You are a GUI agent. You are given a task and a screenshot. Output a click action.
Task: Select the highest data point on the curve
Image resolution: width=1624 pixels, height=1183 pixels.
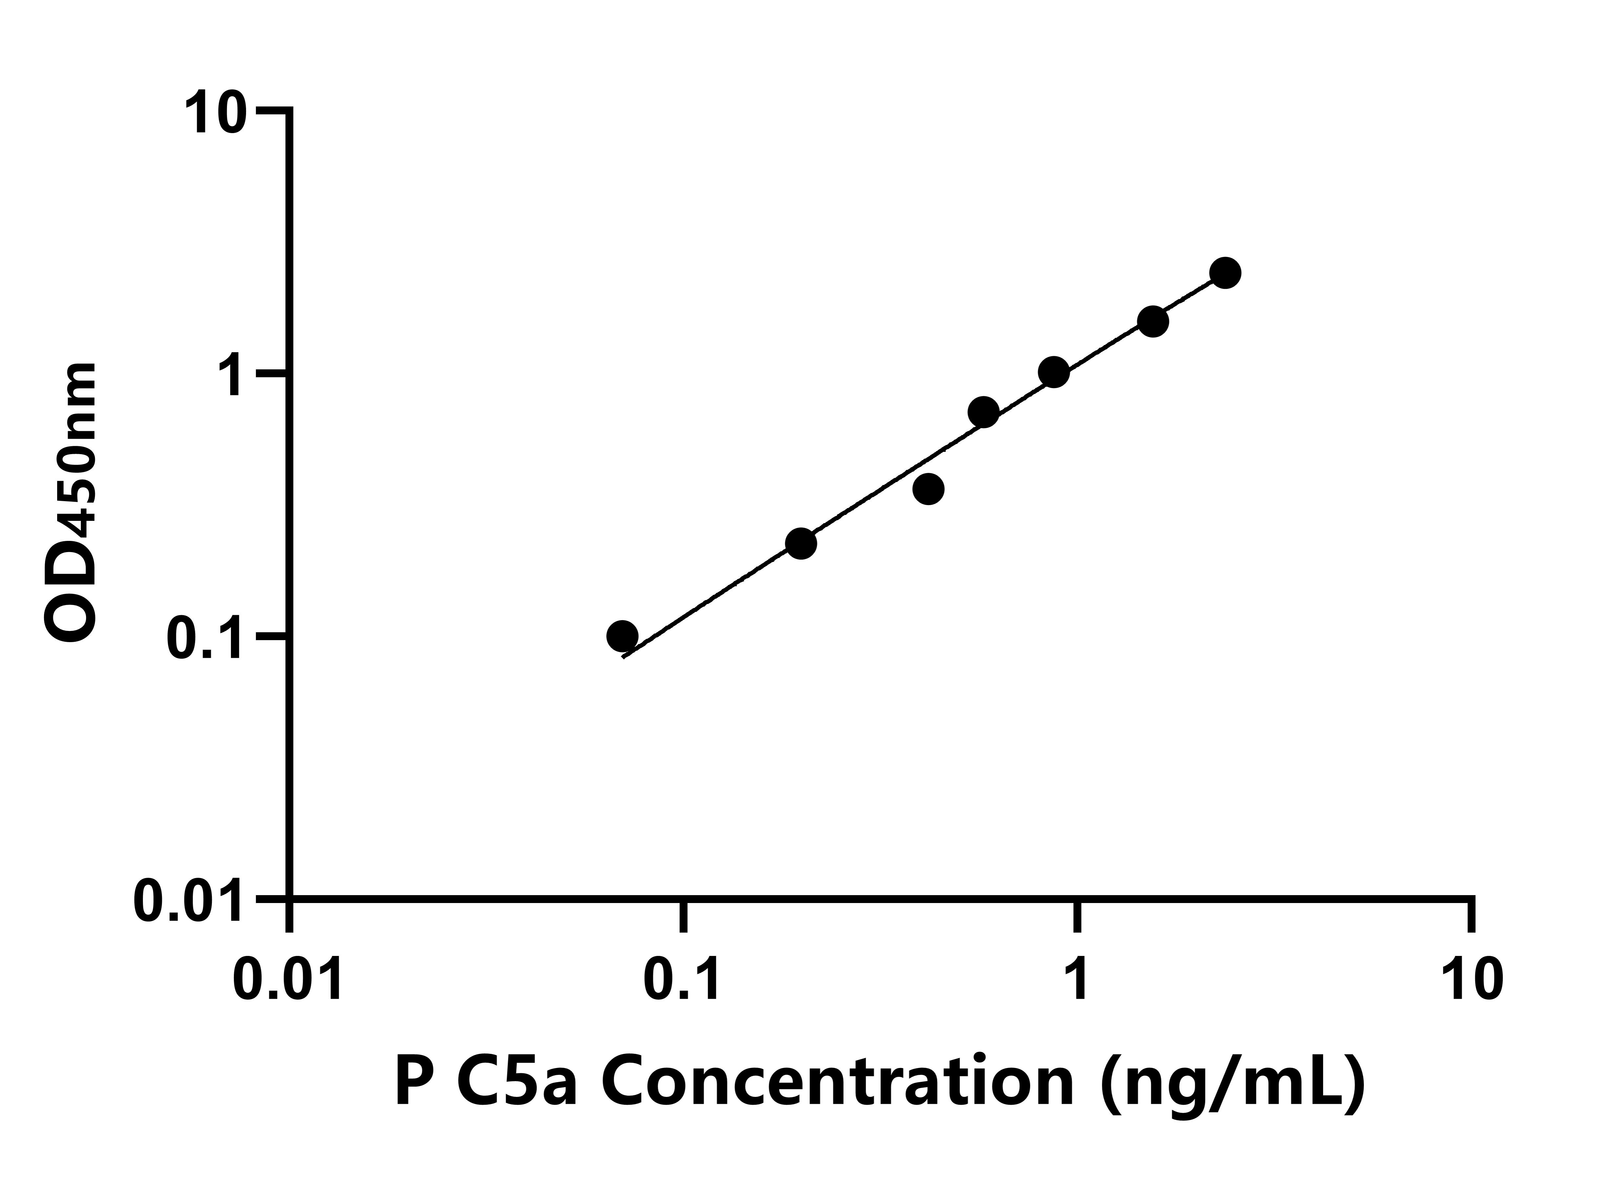(1225, 273)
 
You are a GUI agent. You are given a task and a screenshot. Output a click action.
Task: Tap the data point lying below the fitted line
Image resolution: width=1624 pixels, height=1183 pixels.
(929, 489)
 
